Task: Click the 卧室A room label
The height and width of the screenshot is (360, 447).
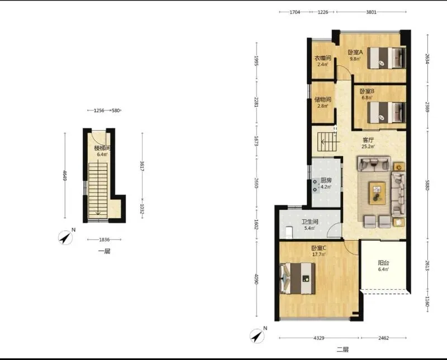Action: [355, 52]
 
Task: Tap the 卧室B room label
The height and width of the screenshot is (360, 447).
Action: [367, 92]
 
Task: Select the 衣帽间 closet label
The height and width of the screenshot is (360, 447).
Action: [323, 58]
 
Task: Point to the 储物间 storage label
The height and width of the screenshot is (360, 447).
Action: [323, 99]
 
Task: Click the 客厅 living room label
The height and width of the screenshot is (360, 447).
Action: [368, 140]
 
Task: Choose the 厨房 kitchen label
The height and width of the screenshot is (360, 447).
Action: [326, 181]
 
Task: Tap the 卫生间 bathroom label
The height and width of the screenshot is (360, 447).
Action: [310, 222]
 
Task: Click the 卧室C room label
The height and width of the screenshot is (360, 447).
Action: [318, 248]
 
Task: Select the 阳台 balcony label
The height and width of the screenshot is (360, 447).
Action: [383, 263]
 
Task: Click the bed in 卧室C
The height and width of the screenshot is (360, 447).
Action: [298, 279]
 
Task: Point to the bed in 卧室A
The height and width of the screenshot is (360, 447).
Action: [386, 58]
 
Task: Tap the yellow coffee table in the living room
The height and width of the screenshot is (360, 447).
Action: [377, 193]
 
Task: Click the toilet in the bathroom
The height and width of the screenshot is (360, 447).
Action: [289, 232]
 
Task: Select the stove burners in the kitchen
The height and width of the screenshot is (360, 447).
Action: [315, 186]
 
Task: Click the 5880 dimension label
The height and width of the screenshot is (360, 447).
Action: [427, 185]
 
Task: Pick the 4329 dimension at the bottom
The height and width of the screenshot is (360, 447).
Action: [318, 338]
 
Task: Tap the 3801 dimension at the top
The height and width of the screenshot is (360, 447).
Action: [371, 12]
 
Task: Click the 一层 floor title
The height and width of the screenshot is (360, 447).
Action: [104, 251]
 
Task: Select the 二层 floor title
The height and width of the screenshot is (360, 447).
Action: [343, 349]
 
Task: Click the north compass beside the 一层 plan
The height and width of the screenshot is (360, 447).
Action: [65, 238]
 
